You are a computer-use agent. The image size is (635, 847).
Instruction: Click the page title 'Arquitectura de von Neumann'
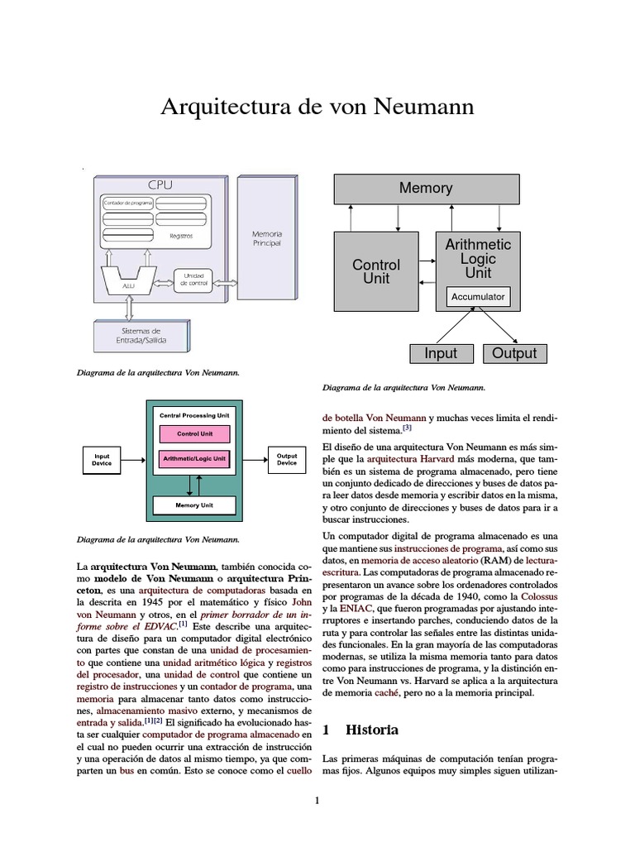click(x=317, y=108)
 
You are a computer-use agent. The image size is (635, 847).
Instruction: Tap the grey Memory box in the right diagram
click(x=426, y=189)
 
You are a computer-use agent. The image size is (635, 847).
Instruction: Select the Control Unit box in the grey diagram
click(x=375, y=271)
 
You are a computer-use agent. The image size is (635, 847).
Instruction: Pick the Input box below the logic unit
click(x=441, y=353)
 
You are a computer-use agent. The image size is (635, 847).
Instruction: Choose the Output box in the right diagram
click(x=513, y=353)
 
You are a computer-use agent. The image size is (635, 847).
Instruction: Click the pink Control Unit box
click(x=194, y=433)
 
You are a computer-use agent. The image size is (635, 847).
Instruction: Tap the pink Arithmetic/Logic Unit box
click(x=194, y=457)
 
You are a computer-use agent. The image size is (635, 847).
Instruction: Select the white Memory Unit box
click(x=194, y=505)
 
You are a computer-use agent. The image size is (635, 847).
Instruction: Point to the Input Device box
click(x=102, y=459)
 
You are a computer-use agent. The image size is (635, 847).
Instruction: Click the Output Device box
click(x=287, y=459)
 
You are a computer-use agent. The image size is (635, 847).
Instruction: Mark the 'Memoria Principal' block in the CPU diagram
click(x=266, y=240)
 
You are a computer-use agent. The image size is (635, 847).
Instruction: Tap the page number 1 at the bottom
click(x=317, y=800)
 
